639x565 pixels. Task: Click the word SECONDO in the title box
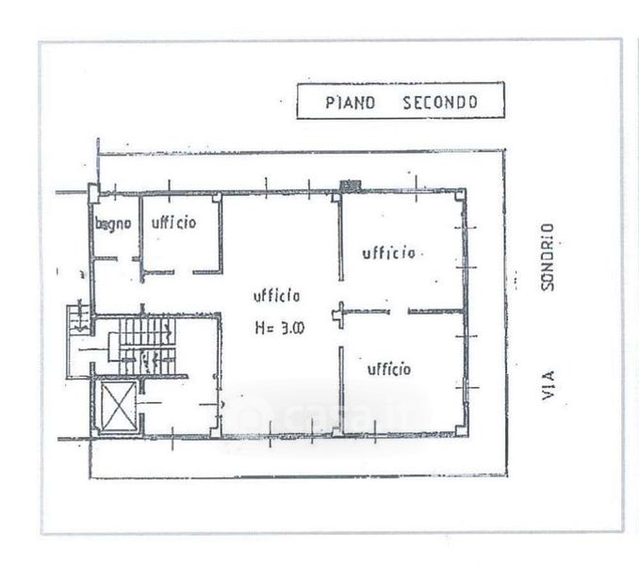pyautogui.click(x=440, y=102)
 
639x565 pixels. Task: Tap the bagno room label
pyautogui.click(x=111, y=224)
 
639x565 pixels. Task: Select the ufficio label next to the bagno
pyautogui.click(x=173, y=223)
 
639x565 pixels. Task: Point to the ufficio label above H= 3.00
pyautogui.click(x=277, y=296)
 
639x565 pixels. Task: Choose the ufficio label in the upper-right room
pyautogui.click(x=388, y=252)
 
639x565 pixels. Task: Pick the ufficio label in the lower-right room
pyautogui.click(x=388, y=368)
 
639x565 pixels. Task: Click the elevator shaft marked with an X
pyautogui.click(x=117, y=406)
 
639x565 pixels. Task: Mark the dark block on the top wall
pyautogui.click(x=350, y=184)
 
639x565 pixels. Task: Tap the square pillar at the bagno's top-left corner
pyautogui.click(x=93, y=193)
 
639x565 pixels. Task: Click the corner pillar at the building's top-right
pyautogui.click(x=461, y=194)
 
